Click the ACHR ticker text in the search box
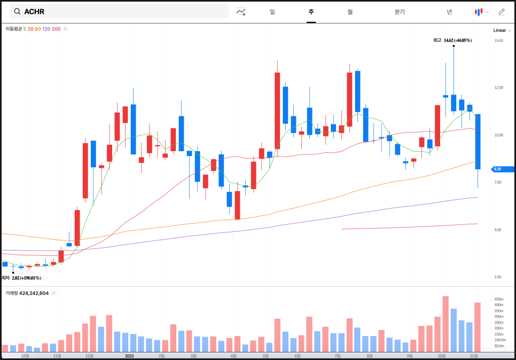(x=34, y=11)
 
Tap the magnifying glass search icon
(x=17, y=11)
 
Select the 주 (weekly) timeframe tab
(x=311, y=11)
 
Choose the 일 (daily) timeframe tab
(x=272, y=11)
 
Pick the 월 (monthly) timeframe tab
(x=350, y=11)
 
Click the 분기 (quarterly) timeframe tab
(x=400, y=11)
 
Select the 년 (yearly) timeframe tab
(x=449, y=11)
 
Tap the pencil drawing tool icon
(x=502, y=11)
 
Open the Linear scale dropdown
(x=502, y=30)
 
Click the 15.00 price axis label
(x=498, y=41)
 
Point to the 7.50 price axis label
(x=498, y=182)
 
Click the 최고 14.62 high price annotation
(x=452, y=40)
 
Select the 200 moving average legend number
(x=56, y=29)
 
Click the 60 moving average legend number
(x=37, y=29)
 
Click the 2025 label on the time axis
(x=129, y=355)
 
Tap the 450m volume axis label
(x=498, y=299)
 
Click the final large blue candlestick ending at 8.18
(x=478, y=142)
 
